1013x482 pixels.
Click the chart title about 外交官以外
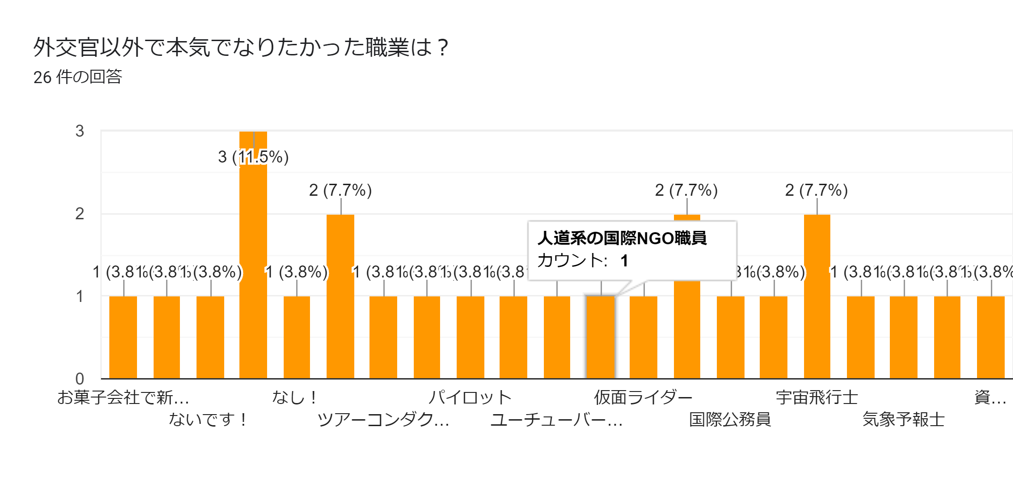point(240,47)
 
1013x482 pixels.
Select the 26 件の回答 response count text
point(77,77)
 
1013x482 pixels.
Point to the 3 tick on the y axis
point(80,131)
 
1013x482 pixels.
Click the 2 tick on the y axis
point(80,214)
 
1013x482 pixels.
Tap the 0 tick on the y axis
point(80,379)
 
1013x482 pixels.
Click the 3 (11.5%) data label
point(253,157)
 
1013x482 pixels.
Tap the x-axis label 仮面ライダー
point(643,397)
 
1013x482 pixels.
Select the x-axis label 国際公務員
point(730,419)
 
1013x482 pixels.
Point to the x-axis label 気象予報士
point(903,419)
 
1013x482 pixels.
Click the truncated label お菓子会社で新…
point(123,397)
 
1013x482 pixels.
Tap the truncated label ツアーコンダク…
point(383,419)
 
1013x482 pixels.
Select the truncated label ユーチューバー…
point(556,419)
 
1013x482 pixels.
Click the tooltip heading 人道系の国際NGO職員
point(622,238)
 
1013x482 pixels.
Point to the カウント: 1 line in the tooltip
point(582,261)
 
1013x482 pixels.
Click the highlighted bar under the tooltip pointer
point(600,337)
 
